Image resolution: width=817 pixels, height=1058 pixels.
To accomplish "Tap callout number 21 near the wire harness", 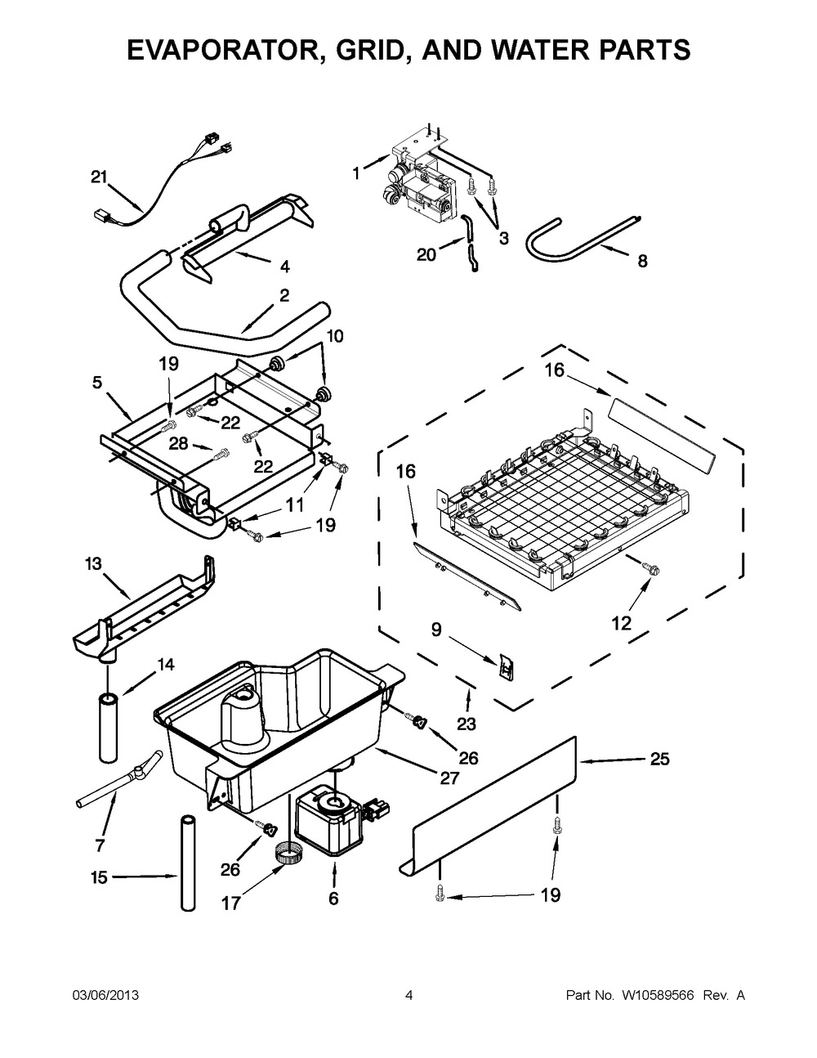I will click(99, 176).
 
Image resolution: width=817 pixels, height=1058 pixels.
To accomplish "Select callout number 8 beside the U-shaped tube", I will click(642, 262).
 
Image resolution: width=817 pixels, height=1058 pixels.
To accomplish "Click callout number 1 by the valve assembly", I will click(355, 173).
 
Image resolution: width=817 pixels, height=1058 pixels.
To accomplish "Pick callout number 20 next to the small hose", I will click(426, 254).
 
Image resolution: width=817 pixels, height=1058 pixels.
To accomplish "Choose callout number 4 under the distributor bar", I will click(283, 266).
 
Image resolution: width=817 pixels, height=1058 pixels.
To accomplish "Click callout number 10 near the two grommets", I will click(335, 336).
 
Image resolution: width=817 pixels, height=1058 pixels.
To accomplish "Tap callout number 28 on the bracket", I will click(178, 442).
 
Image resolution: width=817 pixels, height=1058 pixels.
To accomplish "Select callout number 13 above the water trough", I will click(94, 563).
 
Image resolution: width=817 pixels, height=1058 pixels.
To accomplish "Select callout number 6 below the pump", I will click(333, 899).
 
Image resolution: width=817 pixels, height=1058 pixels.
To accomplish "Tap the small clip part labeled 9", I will click(507, 668).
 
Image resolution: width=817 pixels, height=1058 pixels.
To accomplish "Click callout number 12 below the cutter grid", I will click(621, 623).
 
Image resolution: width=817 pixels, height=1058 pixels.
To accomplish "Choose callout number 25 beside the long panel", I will click(659, 760).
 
